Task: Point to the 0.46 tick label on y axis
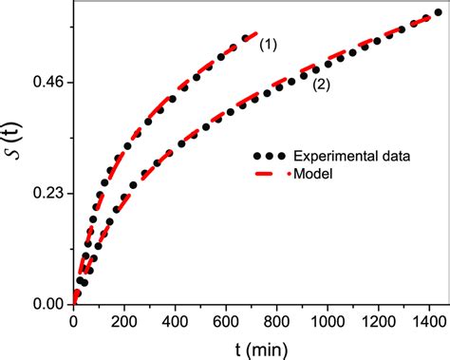coord(48,83)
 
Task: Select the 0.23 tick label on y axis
coord(48,194)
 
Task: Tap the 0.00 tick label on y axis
coord(48,304)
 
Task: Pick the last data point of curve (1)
coord(246,38)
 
